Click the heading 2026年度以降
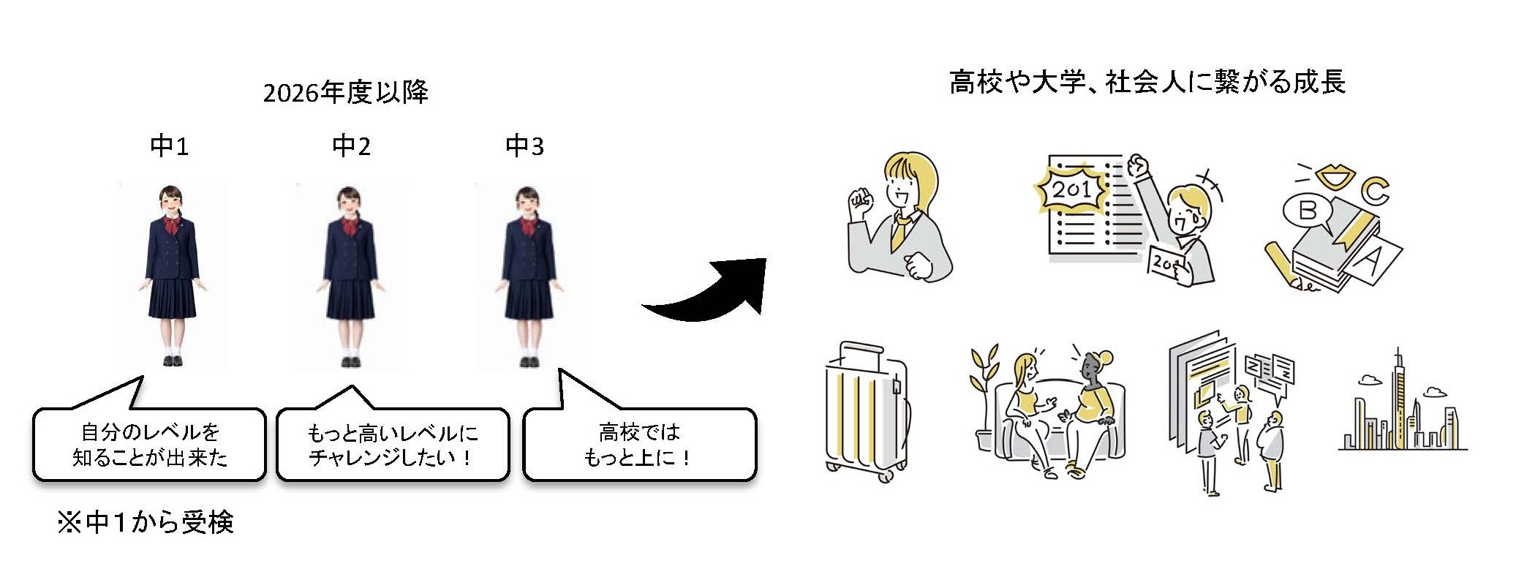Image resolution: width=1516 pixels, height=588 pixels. click(x=345, y=93)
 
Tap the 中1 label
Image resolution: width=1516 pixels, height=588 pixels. click(x=169, y=146)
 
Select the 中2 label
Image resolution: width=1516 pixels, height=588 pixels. click(x=351, y=146)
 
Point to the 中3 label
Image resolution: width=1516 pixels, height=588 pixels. click(x=524, y=146)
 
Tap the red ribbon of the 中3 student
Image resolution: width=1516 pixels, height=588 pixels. click(x=527, y=225)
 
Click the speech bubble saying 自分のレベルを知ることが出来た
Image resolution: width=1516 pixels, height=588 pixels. click(x=149, y=445)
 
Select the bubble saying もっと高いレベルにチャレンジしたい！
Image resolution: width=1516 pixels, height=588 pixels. click(x=392, y=445)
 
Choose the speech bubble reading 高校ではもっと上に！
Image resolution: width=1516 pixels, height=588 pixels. click(x=639, y=445)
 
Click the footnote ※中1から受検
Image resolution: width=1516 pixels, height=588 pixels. click(x=146, y=522)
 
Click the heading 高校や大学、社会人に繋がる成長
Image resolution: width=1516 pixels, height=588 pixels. click(x=1147, y=82)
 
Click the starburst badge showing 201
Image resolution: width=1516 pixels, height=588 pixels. click(x=1071, y=189)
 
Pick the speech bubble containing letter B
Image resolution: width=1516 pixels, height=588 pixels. click(x=1307, y=211)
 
